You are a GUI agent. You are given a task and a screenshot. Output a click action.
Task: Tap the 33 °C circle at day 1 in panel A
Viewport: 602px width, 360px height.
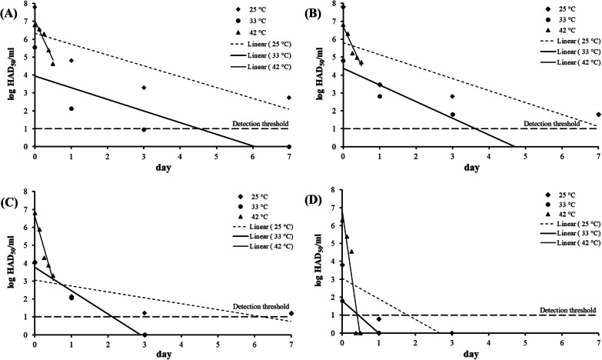pos(71,108)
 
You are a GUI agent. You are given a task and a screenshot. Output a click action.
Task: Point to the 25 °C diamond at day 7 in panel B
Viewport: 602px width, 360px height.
pos(597,115)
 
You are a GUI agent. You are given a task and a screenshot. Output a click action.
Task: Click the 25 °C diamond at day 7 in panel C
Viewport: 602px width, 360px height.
pos(290,313)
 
